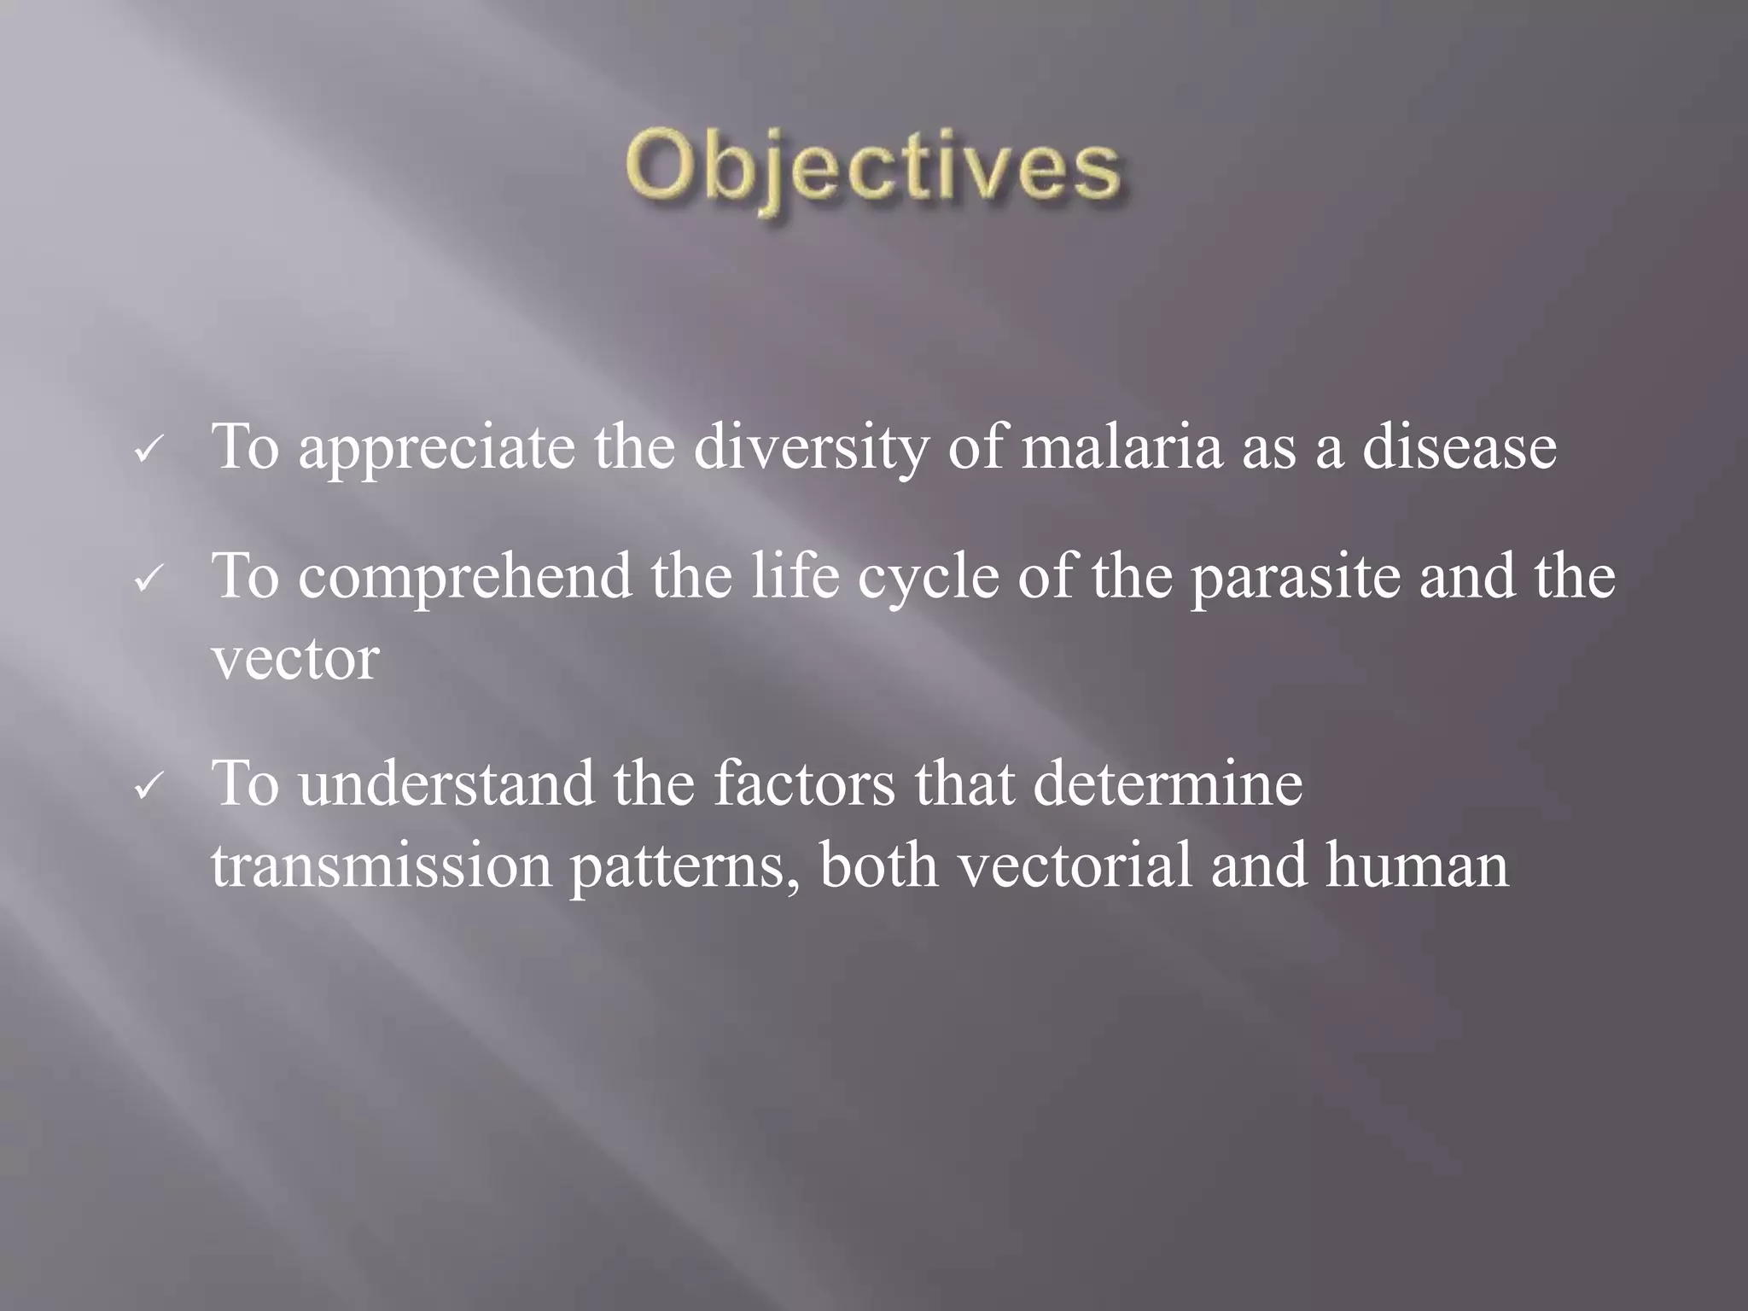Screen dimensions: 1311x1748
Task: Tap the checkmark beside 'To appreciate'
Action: point(147,451)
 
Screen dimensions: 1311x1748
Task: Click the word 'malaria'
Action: point(1122,447)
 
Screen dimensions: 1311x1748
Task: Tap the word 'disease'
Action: point(1459,447)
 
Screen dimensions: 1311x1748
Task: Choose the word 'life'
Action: point(795,576)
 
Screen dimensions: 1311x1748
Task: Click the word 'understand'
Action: point(446,784)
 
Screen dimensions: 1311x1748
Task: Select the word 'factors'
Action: point(804,784)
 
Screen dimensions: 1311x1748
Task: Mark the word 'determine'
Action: point(1168,784)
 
